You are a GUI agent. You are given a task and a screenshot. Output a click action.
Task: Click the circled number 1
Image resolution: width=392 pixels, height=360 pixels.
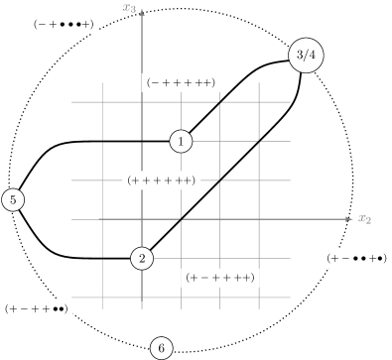[x=181, y=142]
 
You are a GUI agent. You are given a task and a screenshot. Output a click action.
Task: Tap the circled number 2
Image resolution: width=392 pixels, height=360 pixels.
[x=142, y=258]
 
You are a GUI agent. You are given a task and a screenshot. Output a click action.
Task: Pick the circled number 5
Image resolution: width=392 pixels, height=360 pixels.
[x=13, y=200]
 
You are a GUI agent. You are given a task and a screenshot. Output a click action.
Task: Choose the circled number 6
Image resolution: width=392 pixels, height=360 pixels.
[x=161, y=348]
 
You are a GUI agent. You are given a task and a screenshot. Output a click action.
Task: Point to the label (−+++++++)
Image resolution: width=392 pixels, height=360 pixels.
[x=181, y=82]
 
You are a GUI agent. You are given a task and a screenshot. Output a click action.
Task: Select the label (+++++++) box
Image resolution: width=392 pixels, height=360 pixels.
[x=162, y=180]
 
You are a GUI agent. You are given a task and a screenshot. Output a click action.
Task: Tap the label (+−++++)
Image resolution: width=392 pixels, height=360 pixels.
[x=220, y=278]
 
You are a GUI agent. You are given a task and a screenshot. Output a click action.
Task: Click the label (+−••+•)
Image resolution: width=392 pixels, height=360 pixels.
[x=355, y=259]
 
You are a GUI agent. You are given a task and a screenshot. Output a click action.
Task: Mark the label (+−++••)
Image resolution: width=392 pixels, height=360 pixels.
[x=36, y=308]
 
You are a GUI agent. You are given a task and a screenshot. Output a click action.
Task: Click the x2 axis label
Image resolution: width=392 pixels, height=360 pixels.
[x=364, y=219]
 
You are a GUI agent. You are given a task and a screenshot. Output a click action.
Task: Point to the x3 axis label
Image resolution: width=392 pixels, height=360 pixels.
[x=129, y=8]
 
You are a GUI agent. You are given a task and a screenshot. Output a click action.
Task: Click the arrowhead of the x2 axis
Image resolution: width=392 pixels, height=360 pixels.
[x=348, y=219]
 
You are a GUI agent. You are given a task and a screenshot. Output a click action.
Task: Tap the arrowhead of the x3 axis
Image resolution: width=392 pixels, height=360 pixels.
[x=142, y=10]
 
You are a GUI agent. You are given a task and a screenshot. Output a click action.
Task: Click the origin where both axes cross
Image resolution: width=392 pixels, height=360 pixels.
[x=142, y=219]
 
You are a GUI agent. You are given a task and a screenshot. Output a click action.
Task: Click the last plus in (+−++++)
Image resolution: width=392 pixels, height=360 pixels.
[x=247, y=278]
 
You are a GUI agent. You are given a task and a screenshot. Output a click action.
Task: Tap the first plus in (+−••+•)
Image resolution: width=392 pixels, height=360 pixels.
[x=332, y=259]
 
